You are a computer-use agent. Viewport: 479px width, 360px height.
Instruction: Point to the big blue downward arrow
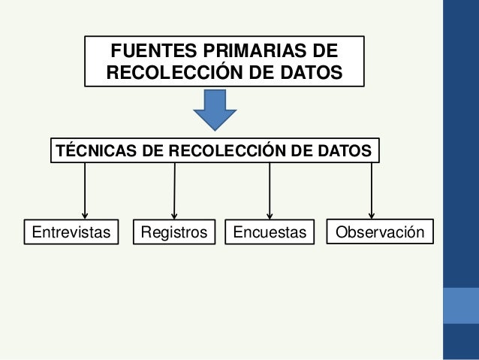pos(215,110)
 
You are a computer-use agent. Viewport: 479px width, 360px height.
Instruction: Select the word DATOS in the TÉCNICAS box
pos(342,151)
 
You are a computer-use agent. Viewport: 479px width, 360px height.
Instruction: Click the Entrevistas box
pos(72,232)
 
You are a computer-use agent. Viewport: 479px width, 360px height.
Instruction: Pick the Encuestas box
pos(270,232)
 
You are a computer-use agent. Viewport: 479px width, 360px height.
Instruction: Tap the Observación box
pos(380,232)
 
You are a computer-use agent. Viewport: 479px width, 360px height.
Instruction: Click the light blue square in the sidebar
pos(461,305)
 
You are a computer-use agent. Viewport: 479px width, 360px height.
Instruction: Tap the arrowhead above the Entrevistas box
pos(85,215)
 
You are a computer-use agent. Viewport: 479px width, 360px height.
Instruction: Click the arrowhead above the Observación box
pos(372,215)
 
